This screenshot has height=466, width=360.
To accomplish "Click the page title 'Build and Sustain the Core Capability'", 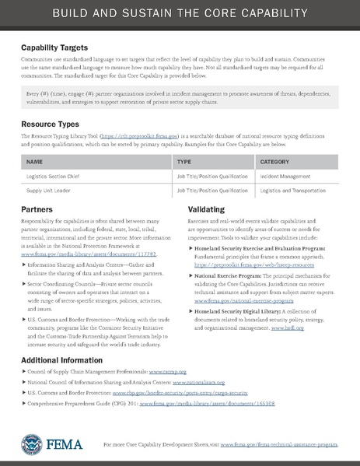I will click(x=180, y=14).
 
